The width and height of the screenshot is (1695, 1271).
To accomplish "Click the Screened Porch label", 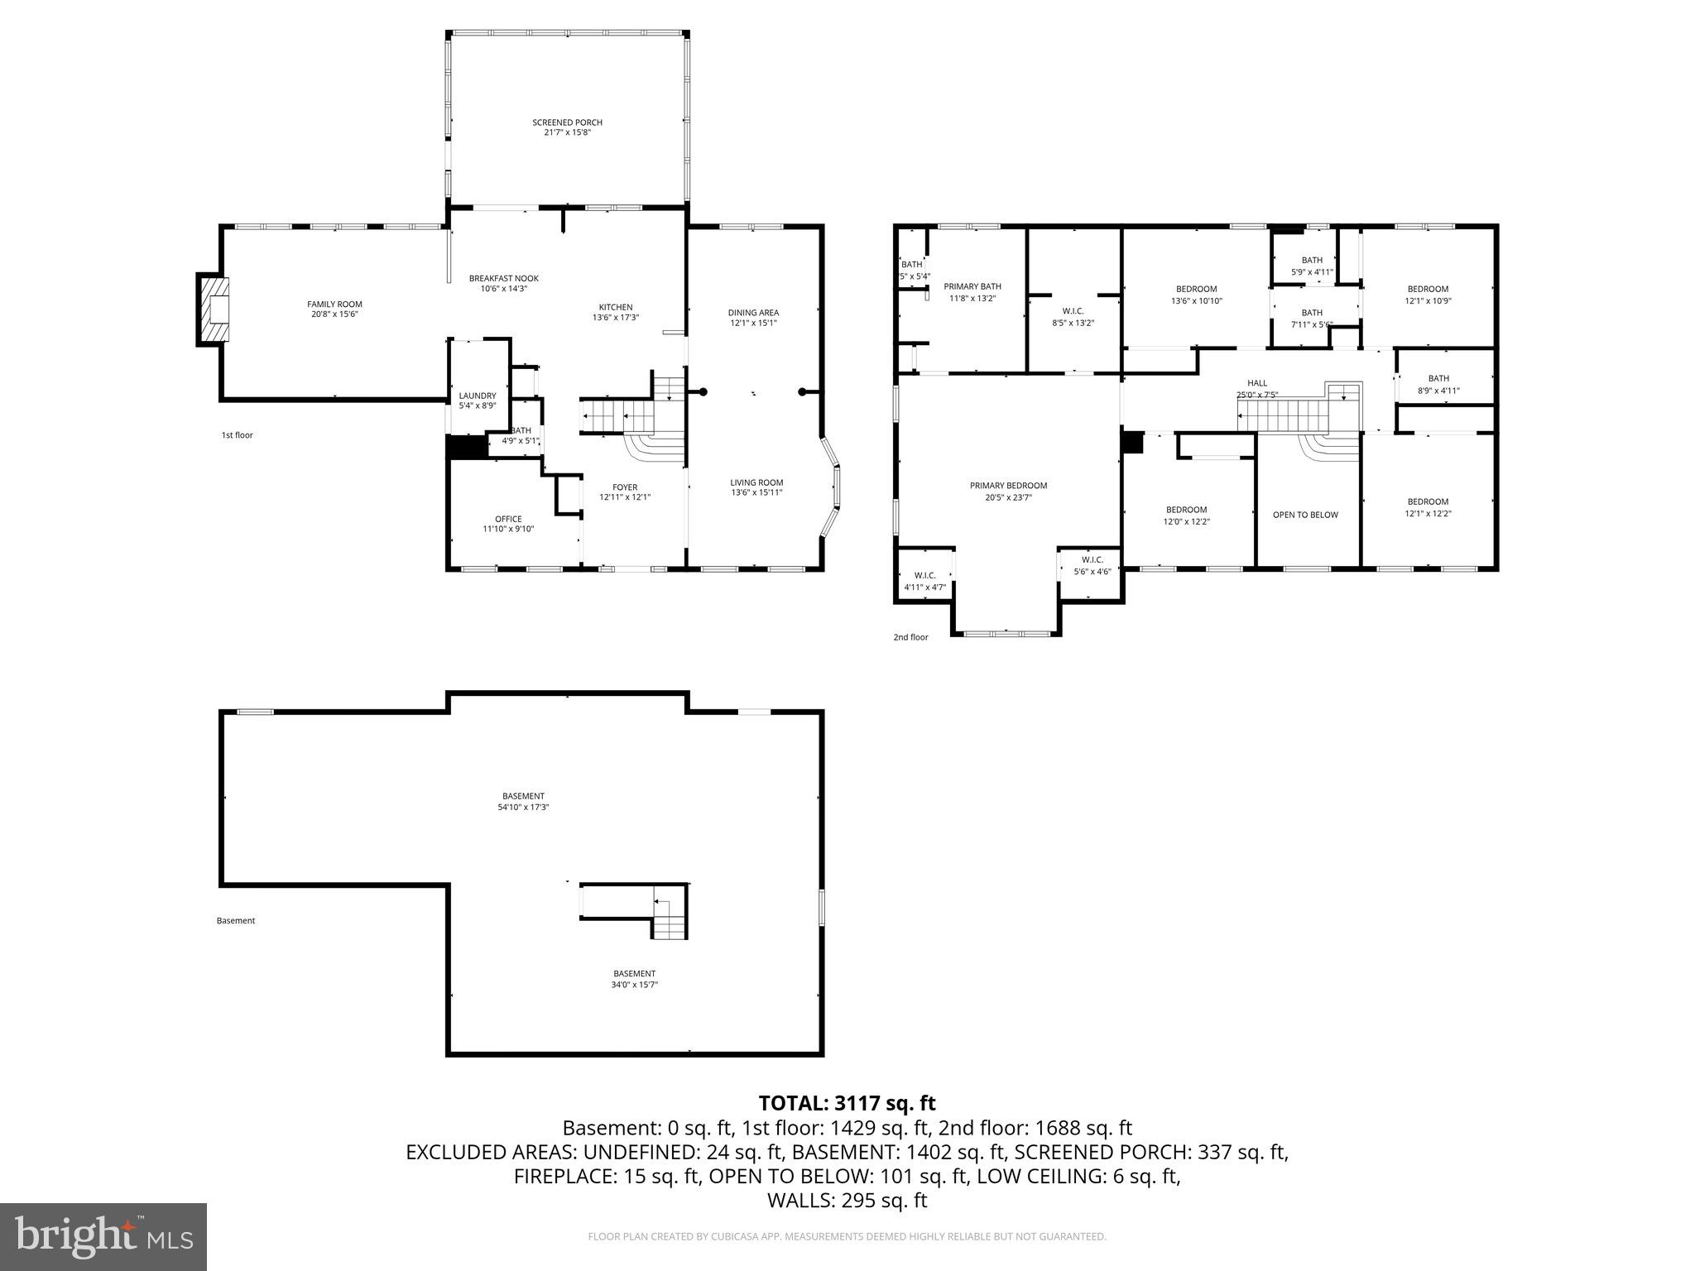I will pos(567,122).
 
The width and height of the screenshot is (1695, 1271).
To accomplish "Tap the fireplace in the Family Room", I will pos(214,309).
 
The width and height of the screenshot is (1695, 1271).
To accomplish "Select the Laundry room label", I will pos(478,396).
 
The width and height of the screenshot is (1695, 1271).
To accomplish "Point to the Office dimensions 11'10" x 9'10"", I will pos(508,529).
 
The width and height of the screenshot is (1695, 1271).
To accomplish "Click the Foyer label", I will pos(625,487).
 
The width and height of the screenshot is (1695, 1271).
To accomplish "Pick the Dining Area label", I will pos(753,312).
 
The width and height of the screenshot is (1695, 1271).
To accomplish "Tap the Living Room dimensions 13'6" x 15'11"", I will pos(756,493).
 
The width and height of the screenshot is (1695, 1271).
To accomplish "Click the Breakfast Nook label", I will pos(503,278).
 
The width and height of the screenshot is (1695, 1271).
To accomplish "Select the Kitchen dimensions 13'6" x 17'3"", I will pos(616,318).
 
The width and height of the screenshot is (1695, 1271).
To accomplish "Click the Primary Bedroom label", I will pos(1008,486).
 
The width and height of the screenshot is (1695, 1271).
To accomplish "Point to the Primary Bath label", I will pos(972,286).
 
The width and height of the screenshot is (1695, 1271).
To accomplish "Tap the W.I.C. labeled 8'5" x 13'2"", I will pos(1073,317).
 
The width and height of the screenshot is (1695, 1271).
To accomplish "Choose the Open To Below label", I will pos(1305,515).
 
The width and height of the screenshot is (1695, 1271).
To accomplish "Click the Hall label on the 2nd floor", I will pos(1256,383).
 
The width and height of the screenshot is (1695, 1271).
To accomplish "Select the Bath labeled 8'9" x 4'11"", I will pos(1438,385).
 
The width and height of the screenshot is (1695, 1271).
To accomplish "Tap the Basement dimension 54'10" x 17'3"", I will pos(523,807).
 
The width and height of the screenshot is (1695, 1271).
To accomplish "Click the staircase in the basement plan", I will pos(669,918).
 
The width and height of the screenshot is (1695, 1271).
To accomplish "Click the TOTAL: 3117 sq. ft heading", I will pos(847,1103).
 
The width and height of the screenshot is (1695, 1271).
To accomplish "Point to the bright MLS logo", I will pos(103,1236).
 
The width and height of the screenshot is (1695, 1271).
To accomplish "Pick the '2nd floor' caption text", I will pos(910,637).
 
